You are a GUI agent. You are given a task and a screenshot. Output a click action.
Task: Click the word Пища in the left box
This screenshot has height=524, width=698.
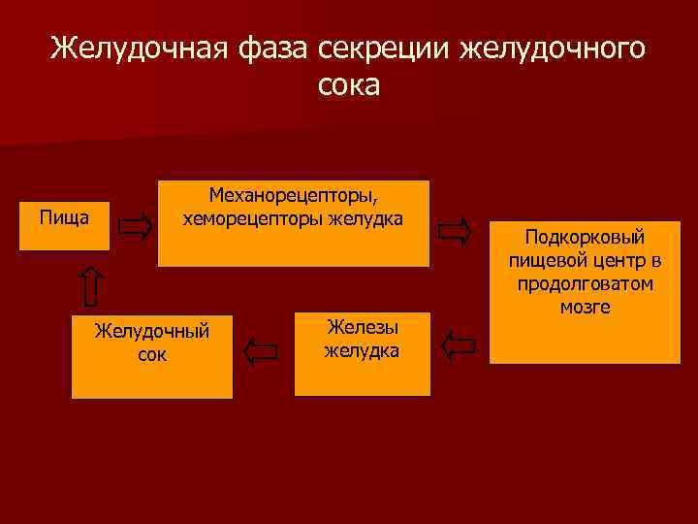64,215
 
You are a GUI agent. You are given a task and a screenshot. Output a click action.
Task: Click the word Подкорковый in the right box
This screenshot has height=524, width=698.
584,238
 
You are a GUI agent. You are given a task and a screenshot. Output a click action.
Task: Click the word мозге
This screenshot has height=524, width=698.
585,308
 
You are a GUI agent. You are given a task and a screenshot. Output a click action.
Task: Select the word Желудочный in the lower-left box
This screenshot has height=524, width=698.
152,331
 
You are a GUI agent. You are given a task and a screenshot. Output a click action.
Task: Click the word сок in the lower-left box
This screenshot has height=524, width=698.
152,354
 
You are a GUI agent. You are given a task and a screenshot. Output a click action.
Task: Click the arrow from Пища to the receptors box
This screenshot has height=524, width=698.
135,227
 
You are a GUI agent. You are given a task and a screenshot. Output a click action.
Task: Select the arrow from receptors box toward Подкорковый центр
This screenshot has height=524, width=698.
455,231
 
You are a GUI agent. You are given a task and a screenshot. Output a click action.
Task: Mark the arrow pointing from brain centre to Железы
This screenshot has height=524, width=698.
459,344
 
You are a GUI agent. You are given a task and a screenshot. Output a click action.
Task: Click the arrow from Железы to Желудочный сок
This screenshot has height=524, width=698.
261,350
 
